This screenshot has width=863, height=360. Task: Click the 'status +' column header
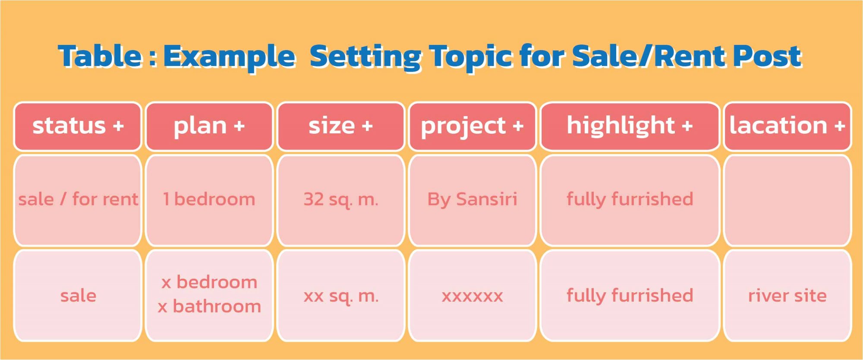[78, 126]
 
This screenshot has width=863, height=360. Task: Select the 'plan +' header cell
[209, 126]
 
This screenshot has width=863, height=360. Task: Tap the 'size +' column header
[341, 126]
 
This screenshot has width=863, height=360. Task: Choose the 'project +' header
[472, 126]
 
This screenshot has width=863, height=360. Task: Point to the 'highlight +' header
[630, 126]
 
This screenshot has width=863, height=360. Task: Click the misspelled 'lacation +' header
[787, 126]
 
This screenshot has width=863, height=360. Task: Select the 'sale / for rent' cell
[78, 200]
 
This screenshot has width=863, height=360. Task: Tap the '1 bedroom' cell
[209, 200]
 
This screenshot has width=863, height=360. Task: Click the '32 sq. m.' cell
[341, 200]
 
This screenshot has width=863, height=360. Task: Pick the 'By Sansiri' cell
[472, 200]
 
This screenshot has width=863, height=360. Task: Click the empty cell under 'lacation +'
[787, 200]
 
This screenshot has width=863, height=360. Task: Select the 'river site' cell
[787, 296]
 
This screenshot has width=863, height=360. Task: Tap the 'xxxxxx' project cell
[472, 296]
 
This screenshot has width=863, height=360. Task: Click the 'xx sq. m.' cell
[341, 296]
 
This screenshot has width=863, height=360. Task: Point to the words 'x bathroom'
[209, 306]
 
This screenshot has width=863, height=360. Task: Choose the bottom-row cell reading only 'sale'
[78, 296]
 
